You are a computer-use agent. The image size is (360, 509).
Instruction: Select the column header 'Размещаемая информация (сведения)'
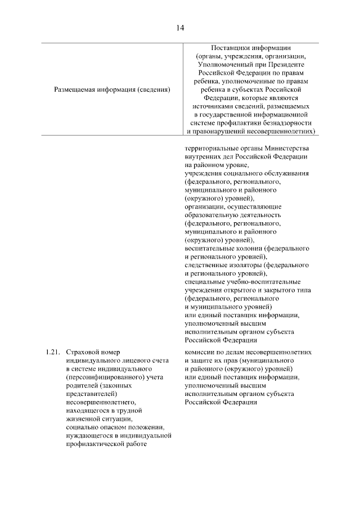[x=113, y=89]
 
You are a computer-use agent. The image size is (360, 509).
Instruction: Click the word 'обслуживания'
[x=286, y=174]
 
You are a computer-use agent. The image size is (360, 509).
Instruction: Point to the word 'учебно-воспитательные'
[x=262, y=282]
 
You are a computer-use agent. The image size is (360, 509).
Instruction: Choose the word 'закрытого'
[x=274, y=290]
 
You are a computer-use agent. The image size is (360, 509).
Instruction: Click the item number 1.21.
[x=51, y=352]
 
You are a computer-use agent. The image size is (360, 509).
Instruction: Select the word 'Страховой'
[x=82, y=352]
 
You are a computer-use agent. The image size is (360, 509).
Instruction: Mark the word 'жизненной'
[x=82, y=419]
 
